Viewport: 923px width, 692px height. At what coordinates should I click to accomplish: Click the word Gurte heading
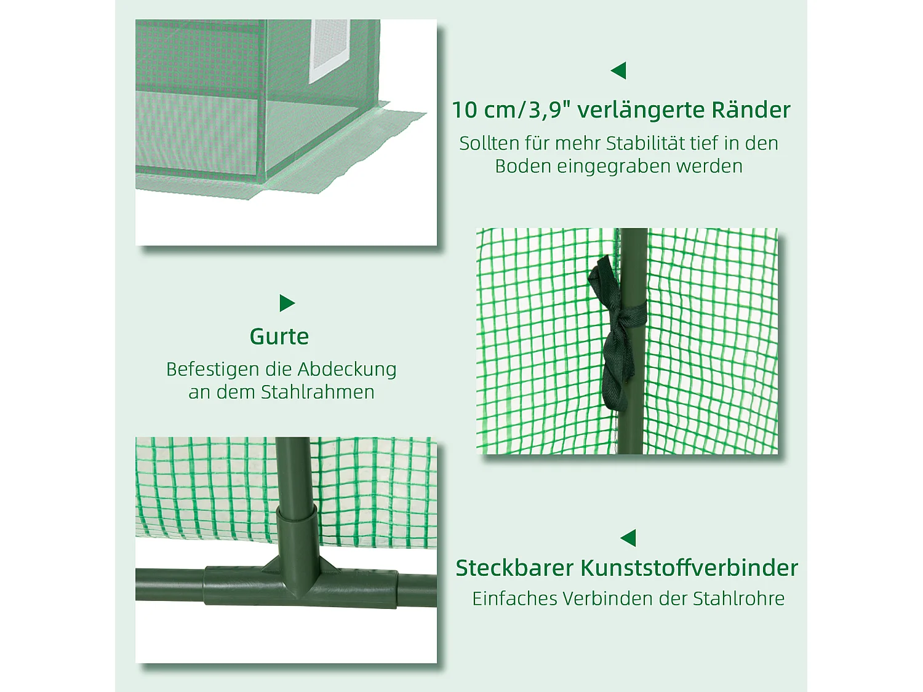tap(279, 336)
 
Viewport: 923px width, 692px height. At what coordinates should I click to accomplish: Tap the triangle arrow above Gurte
tap(287, 303)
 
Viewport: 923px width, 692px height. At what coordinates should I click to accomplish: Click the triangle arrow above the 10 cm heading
tap(619, 71)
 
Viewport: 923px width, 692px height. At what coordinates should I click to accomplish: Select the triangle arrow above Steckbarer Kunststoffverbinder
tap(629, 538)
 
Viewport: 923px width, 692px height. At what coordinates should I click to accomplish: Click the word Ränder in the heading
tap(751, 110)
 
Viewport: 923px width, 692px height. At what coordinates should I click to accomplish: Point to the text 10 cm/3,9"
tap(511, 110)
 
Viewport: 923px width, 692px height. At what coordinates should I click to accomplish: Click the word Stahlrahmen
tap(318, 392)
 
